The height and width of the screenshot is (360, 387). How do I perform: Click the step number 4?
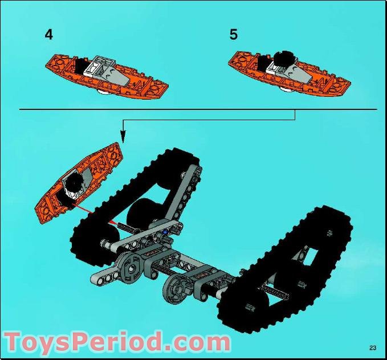tap(49, 35)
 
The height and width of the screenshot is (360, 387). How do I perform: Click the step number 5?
tap(234, 35)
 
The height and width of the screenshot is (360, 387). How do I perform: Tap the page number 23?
tap(373, 347)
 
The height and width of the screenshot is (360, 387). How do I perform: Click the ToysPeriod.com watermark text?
tap(117, 342)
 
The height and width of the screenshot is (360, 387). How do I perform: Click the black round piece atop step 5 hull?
tap(284, 58)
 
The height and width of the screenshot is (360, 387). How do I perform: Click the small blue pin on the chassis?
tap(165, 232)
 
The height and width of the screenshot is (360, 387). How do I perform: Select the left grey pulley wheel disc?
tap(131, 268)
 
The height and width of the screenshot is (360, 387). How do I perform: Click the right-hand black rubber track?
tap(284, 269)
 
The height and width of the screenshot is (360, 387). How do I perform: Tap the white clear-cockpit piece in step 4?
tap(96, 66)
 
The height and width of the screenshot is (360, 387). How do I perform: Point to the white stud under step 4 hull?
tap(104, 92)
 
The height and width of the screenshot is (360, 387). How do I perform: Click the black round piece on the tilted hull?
tap(74, 182)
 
